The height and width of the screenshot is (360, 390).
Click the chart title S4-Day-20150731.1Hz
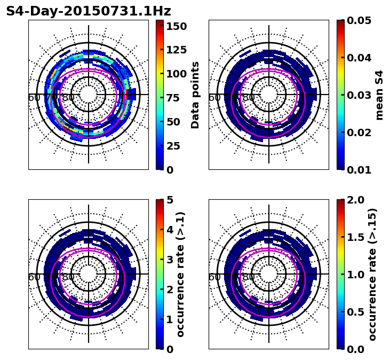tap(89, 11)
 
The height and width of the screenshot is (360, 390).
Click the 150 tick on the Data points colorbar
tap(177, 26)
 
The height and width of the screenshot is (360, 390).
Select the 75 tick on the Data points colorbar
tap(177, 98)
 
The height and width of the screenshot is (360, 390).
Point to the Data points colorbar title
tap(195, 95)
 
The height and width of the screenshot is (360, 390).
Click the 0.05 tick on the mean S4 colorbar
tap(359, 20)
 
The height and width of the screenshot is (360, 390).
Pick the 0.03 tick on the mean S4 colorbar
tap(359, 95)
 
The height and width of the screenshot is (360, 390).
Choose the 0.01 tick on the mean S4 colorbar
tap(359, 170)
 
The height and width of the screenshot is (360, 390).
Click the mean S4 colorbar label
tap(379, 95)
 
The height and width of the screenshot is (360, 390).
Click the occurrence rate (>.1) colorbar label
tap(180, 274)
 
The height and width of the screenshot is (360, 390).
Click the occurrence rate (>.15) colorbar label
tap(372, 274)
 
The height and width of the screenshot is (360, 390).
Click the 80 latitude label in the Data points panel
tap(68, 98)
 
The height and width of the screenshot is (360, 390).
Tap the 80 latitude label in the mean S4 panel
tap(249, 98)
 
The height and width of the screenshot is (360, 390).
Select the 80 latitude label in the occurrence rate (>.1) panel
tap(68, 277)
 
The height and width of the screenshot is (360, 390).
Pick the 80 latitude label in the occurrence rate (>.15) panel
tap(249, 277)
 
